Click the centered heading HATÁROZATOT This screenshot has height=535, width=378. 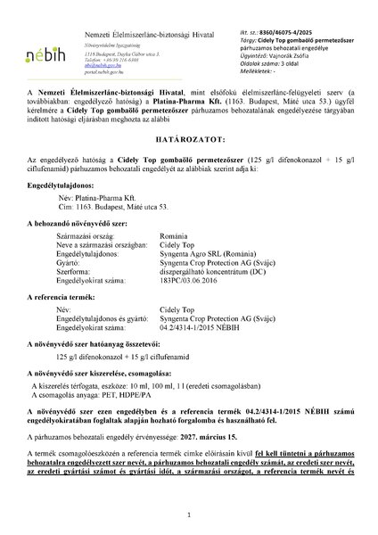tap(189, 143)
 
